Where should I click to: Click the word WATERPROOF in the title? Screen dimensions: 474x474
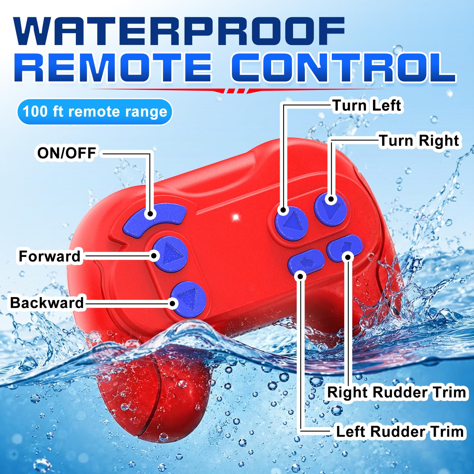(180, 31)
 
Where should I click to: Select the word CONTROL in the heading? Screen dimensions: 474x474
(344, 67)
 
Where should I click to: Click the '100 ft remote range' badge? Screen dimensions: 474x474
(95, 112)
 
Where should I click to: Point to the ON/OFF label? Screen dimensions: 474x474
(66, 153)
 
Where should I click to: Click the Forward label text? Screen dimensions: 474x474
(49, 256)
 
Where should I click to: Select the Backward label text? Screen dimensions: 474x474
(47, 303)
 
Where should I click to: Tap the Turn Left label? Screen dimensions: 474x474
(367, 105)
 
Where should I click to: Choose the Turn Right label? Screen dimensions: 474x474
(419, 140)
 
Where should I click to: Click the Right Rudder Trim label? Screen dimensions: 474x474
(396, 392)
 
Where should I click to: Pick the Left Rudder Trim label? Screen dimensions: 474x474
(400, 431)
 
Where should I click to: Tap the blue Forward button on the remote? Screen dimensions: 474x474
(170, 254)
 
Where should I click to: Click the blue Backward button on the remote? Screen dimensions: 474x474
(188, 299)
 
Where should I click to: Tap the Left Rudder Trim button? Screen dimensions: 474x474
(306, 261)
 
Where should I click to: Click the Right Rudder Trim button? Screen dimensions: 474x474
(344, 248)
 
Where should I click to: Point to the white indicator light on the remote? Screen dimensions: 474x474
(236, 217)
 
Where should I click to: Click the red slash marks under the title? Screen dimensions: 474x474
(236, 91)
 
